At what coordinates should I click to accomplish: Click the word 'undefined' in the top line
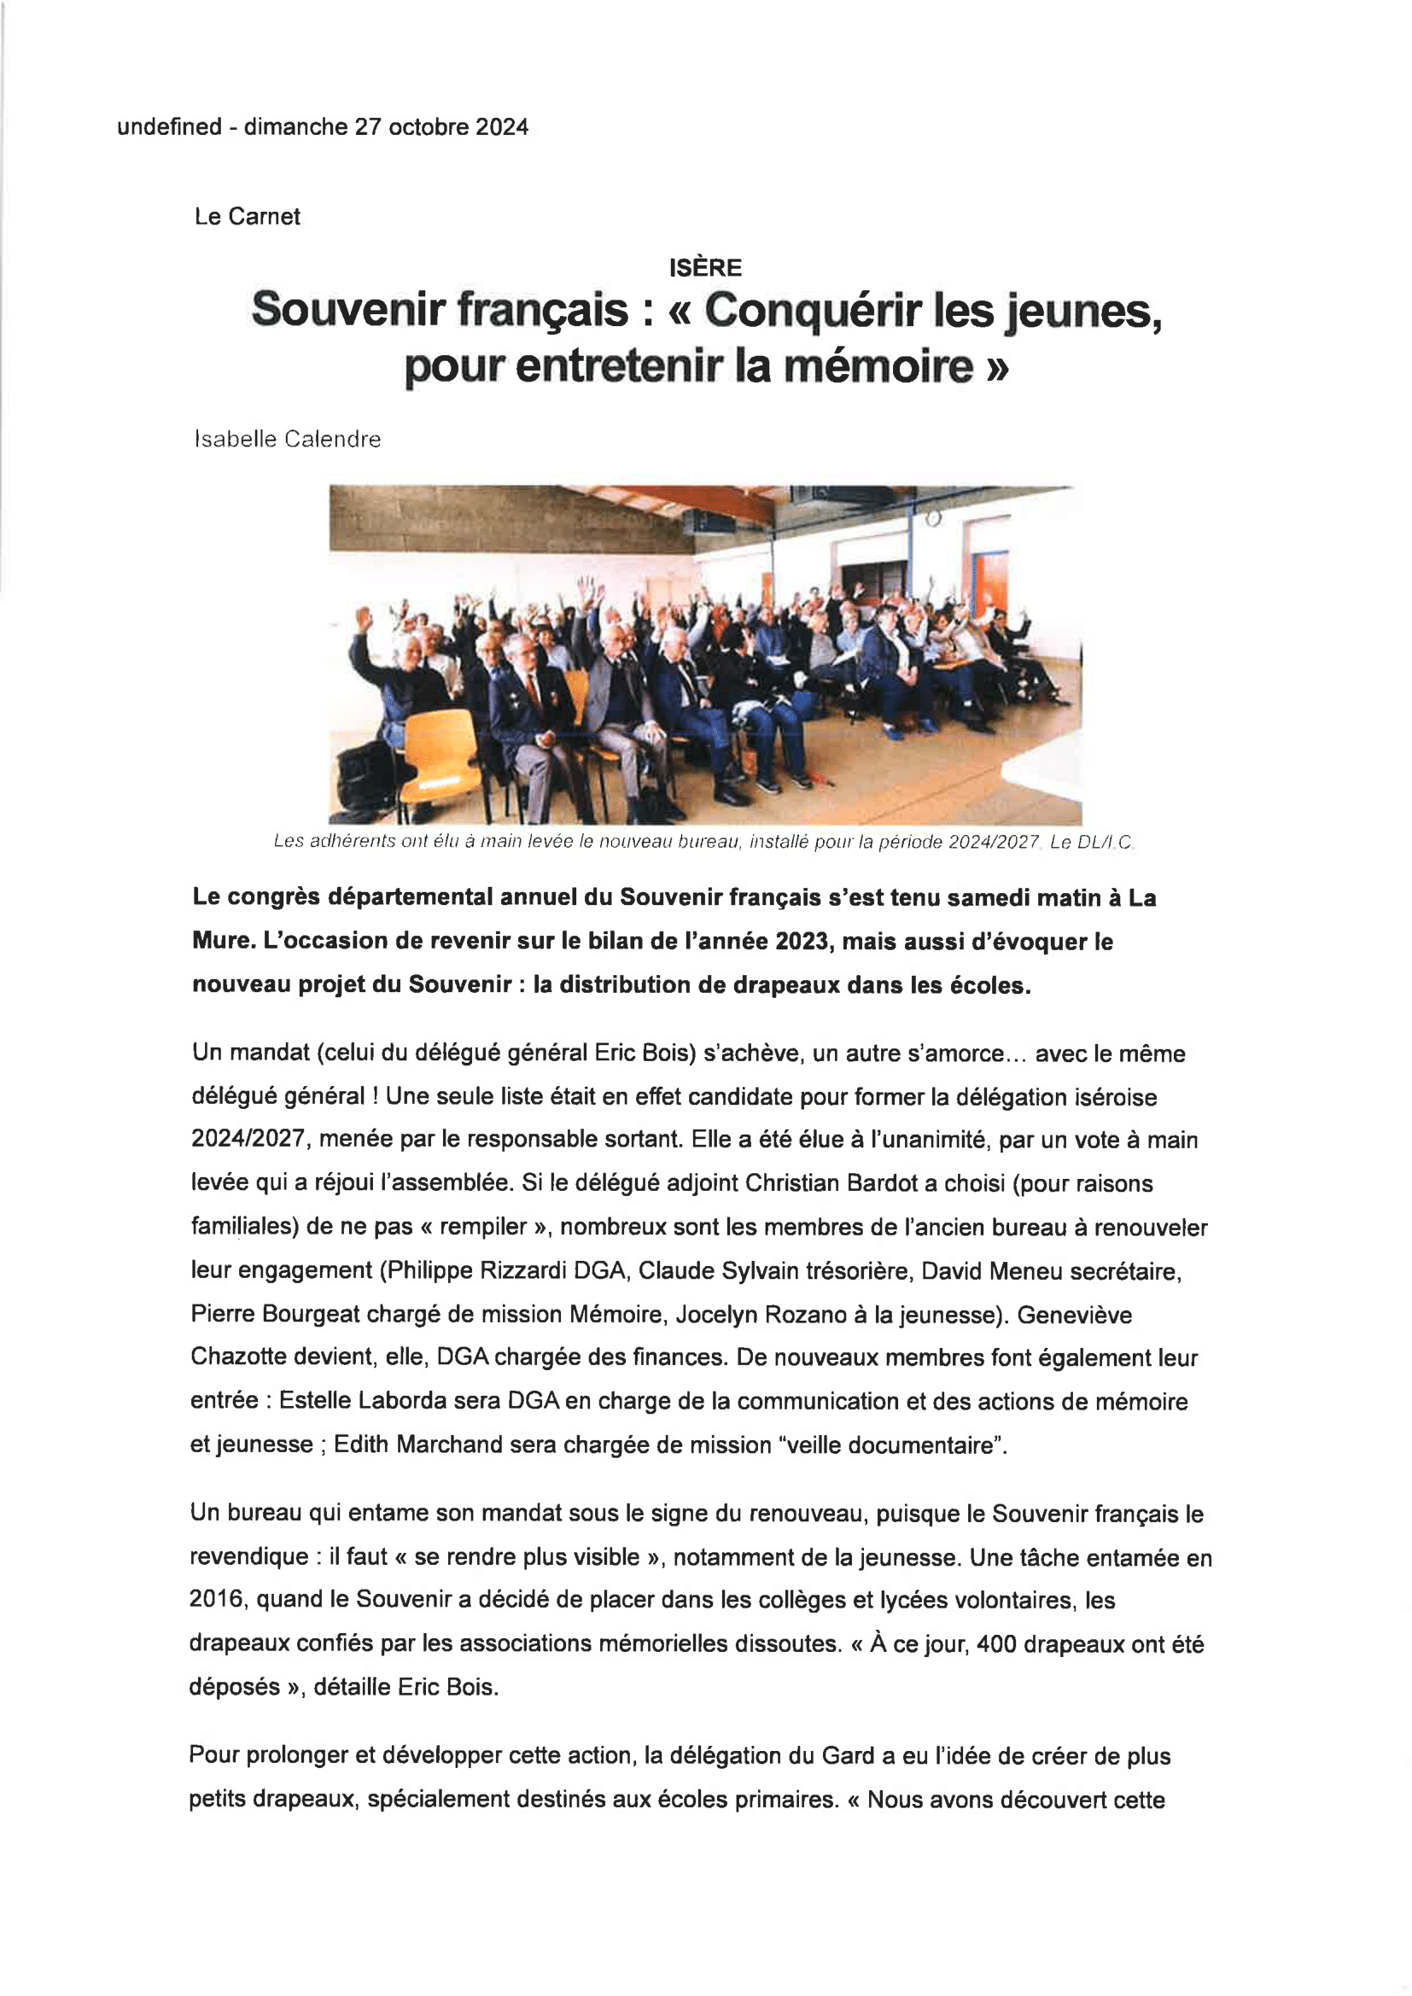click(x=170, y=127)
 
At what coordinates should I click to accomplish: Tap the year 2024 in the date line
click(x=502, y=127)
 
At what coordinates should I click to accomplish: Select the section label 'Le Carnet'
click(x=247, y=217)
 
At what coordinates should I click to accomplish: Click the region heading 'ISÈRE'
click(x=705, y=268)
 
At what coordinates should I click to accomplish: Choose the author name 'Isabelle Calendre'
click(x=288, y=439)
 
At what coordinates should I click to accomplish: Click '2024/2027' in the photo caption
click(x=993, y=842)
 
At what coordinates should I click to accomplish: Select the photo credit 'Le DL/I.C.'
click(x=1091, y=842)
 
